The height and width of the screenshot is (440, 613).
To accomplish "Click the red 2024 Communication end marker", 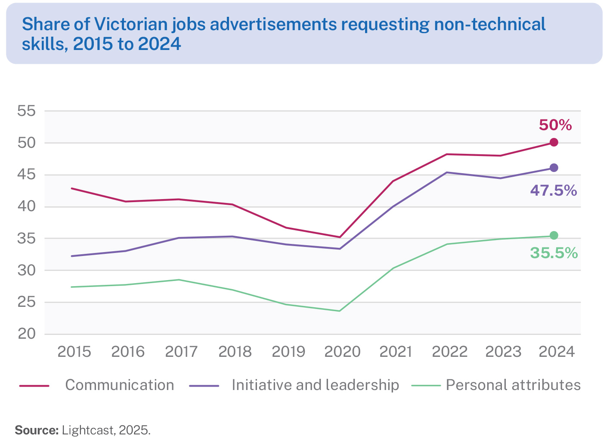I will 554,142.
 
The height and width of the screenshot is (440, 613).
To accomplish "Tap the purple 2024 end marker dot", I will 554,168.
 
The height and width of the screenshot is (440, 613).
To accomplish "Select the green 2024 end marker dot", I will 554,235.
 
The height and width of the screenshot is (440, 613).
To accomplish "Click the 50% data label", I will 555,125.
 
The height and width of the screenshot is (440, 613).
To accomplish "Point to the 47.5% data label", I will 554,190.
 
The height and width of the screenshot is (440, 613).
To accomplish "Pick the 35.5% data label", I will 554,253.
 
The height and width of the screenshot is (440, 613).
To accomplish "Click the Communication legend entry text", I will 120,385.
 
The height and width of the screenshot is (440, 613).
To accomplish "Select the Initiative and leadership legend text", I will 315,385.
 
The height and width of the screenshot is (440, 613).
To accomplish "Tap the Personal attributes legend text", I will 513,385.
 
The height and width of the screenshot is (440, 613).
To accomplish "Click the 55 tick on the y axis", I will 26,111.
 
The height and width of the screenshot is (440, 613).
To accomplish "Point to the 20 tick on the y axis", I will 26,334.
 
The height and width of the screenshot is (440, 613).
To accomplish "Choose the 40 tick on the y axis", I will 26,206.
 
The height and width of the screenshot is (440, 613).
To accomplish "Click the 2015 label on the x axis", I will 74,352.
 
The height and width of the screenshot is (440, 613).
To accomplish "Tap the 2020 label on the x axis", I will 342,352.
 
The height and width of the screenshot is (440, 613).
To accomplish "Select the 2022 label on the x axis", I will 449,352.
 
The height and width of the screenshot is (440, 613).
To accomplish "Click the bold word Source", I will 36,430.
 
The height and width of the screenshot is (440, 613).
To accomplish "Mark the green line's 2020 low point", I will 340,311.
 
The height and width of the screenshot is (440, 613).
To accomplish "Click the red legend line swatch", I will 34,385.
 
